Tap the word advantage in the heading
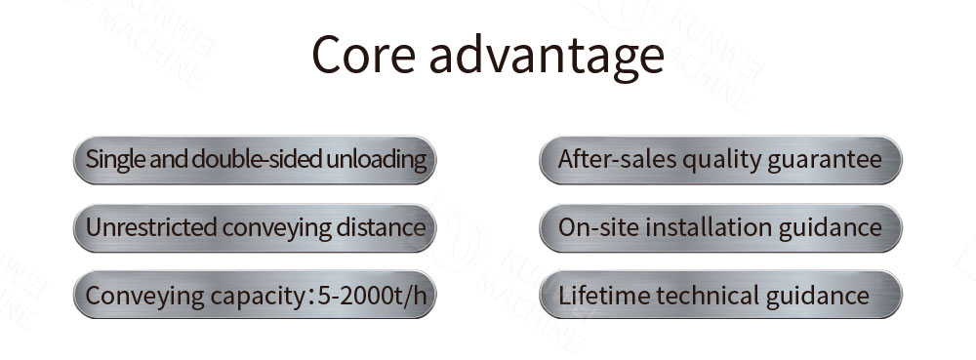point(547,57)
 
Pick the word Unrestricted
point(150,227)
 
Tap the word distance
point(377,227)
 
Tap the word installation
point(703,227)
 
